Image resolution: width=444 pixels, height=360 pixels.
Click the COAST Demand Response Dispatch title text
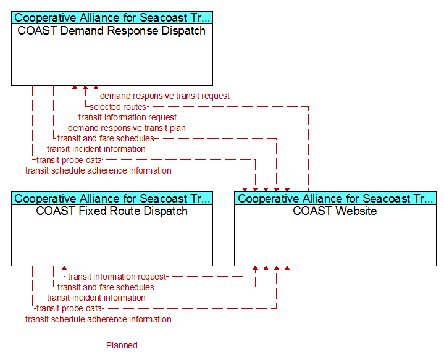point(112,31)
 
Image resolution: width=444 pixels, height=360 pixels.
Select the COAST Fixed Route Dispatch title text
point(112,211)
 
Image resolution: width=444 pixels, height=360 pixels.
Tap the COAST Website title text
point(335,211)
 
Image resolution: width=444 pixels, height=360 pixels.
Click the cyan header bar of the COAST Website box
point(335,198)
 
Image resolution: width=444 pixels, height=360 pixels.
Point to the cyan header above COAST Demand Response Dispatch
point(112,17)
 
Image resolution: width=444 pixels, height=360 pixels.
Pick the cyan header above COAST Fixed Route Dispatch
point(112,198)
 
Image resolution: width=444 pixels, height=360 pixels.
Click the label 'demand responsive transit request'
point(165,96)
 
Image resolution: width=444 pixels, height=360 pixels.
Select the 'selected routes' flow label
point(118,107)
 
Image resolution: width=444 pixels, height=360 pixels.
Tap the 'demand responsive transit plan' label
point(127,128)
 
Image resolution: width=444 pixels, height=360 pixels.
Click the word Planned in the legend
point(122,345)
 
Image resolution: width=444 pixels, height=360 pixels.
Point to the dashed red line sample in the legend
point(53,345)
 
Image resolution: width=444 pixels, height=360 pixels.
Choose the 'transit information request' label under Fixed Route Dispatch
point(117,277)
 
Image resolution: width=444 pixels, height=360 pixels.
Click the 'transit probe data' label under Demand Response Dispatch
point(69,160)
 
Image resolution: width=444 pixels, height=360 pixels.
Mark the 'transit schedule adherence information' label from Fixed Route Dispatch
point(98,319)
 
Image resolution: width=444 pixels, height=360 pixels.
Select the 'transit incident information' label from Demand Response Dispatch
point(96,149)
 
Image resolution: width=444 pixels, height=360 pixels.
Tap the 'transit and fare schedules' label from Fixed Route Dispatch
point(106,287)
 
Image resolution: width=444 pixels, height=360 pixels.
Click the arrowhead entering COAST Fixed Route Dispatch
point(64,268)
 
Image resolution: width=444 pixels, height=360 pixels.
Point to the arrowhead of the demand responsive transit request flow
point(96,87)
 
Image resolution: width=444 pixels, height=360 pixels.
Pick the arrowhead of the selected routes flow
point(85,87)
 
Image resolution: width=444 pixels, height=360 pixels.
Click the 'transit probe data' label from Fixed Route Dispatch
point(69,309)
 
